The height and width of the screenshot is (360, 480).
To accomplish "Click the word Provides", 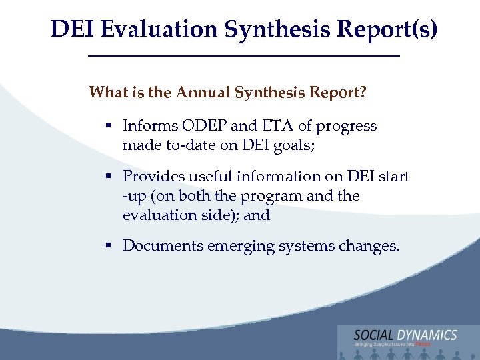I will click(x=151, y=177).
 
